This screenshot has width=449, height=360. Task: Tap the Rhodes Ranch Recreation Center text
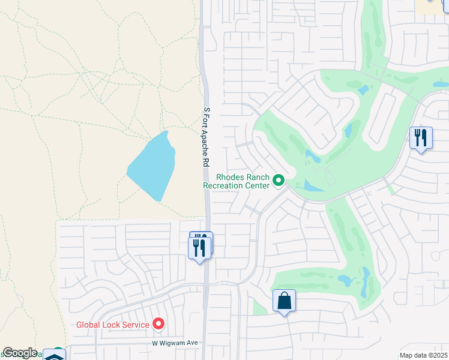pos(236,181)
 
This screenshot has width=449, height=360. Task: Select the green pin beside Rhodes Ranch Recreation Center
pos(279,180)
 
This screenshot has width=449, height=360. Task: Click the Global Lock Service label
pos(112,325)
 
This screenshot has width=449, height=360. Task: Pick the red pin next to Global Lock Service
pos(158,324)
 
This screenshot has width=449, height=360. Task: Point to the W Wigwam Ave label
pos(174,343)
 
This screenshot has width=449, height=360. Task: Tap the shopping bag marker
pos(284,301)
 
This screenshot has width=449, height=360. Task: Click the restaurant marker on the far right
pos(421,138)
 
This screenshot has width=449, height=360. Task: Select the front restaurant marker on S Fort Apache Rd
pos(200,248)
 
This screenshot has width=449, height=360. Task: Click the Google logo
pos(20,353)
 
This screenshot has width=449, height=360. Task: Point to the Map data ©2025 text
pos(424,355)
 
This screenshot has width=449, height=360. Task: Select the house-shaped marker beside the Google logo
pos(54,355)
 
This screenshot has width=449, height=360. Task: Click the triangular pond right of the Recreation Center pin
pos(310,186)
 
